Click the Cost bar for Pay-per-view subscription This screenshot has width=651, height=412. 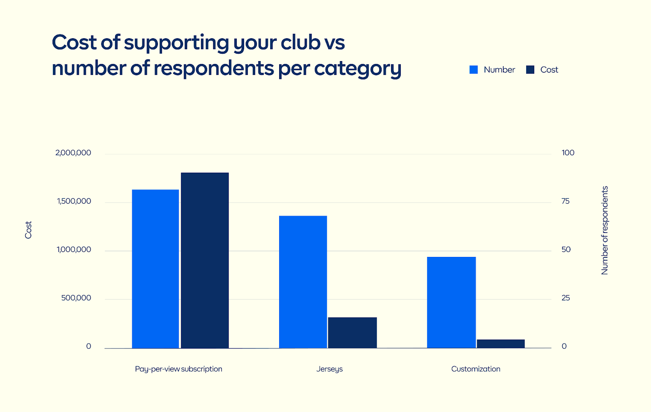coord(205,261)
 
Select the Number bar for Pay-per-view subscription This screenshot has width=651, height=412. coord(155,269)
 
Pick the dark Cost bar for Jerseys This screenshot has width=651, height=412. coord(352,333)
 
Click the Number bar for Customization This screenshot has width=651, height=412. coord(451,302)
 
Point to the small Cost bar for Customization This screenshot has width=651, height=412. coord(500,344)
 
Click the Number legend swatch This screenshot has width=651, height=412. coord(474,70)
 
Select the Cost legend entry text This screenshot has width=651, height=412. coord(549,70)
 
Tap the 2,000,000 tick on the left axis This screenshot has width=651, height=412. coord(73,153)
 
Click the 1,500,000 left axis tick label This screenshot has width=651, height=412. coord(74,201)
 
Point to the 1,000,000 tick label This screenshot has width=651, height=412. coord(74,250)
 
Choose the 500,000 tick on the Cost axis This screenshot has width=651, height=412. coord(76,298)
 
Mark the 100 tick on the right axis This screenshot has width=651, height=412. coord(568,153)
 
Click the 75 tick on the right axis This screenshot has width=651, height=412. coord(566,201)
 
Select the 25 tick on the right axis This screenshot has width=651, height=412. coord(566,298)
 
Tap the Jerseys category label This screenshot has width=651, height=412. coord(330,369)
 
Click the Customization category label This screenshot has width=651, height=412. coord(476,369)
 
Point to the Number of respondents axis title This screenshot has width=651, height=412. coord(605,230)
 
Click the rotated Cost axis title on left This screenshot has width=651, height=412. coord(28,230)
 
